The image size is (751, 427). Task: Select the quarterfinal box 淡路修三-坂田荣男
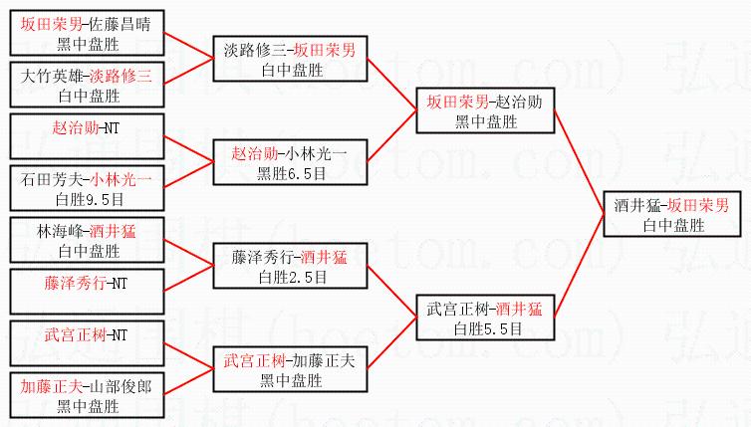coord(288,60)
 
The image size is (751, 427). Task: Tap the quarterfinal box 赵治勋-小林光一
coord(288,163)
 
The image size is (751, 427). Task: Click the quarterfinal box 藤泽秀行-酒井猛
coord(288,266)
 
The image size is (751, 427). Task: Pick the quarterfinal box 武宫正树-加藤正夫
coord(288,368)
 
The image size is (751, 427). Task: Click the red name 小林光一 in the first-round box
coord(121,179)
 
